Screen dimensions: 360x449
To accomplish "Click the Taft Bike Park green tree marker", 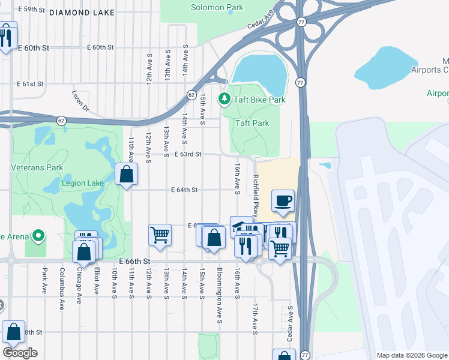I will click(x=225, y=98).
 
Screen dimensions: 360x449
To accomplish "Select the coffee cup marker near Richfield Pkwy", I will click(x=283, y=201).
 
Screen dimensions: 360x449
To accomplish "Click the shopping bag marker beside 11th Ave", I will click(x=126, y=175).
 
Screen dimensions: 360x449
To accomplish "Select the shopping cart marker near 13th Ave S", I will click(x=160, y=235).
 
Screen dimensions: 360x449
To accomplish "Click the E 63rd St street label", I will click(x=187, y=154).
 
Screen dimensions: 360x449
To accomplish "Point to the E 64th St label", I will click(x=184, y=190).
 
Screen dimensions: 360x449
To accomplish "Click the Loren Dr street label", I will click(x=80, y=101).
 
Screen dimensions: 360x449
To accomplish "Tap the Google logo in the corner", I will click(x=20, y=353).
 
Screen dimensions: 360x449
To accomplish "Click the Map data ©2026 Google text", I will click(x=411, y=355).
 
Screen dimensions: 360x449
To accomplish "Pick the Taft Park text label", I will click(x=252, y=123).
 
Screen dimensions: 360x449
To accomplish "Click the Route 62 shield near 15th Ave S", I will click(x=191, y=95).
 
